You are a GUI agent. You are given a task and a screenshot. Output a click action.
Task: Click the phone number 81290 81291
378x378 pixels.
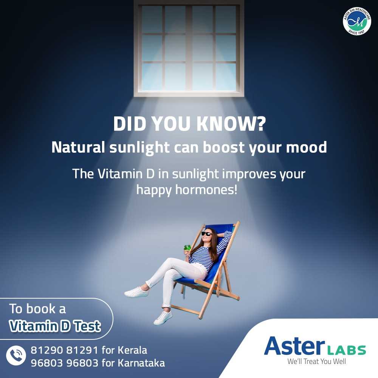[x=65, y=350]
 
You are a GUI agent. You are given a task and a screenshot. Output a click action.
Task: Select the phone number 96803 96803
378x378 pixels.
[x=65, y=363]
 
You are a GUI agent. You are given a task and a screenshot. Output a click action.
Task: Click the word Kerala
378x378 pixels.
[x=132, y=350]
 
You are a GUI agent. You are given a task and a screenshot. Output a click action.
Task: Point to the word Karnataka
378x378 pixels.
[x=141, y=363]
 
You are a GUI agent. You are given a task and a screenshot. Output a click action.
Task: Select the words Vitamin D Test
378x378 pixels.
[x=55, y=326]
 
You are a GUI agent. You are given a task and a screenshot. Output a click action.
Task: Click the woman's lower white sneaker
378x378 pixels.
[x=163, y=318]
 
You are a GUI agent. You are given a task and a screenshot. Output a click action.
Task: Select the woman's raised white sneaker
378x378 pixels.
[x=136, y=291]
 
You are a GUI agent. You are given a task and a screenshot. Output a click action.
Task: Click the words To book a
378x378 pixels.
[x=38, y=309]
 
